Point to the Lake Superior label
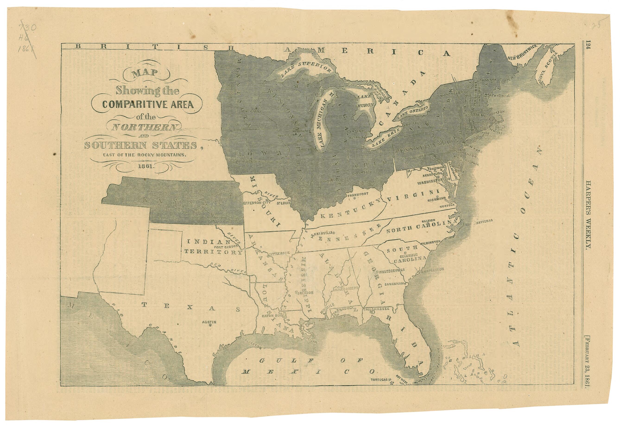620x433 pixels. click(x=306, y=69)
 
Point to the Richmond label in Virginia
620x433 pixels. click(x=437, y=199)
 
